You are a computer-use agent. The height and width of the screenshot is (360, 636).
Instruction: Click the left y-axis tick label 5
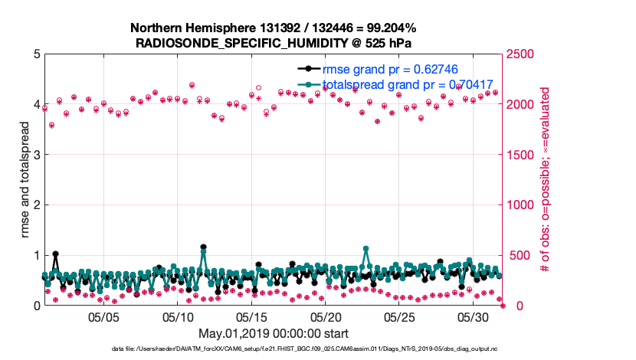pyautogui.click(x=36, y=54)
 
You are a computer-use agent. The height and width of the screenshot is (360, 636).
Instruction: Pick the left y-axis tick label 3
pyautogui.click(x=36, y=155)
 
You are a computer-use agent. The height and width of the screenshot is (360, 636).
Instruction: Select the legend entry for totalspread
pyautogui.click(x=407, y=84)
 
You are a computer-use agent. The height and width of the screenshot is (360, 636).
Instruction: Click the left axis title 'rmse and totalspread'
pyautogui.click(x=25, y=179)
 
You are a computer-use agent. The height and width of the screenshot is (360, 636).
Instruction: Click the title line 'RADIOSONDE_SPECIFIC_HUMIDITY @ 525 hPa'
pyautogui.click(x=274, y=42)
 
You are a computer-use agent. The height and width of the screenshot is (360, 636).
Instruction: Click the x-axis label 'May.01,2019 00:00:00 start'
pyautogui.click(x=274, y=333)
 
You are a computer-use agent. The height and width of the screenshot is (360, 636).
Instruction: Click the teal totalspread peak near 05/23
pyautogui.click(x=366, y=249)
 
